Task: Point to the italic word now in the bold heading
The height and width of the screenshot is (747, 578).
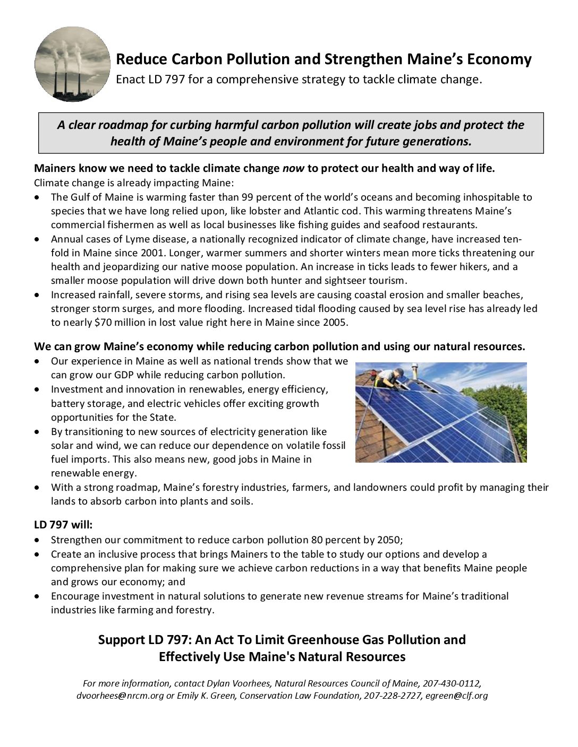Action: pyautogui.click(x=293, y=169)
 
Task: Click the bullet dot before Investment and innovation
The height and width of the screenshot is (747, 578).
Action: pyautogui.click(x=36, y=389)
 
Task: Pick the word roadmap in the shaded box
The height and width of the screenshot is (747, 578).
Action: pyautogui.click(x=111, y=125)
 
